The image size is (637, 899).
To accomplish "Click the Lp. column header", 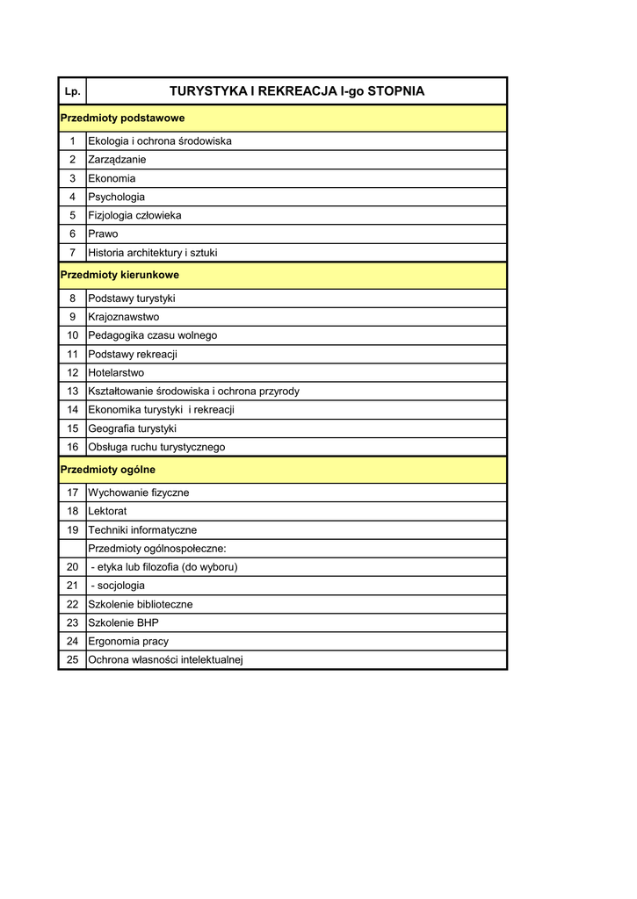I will pos(72,91).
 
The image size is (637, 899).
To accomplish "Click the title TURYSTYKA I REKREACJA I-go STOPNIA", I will pos(296,91).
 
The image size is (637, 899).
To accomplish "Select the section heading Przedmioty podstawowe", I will pos(122,118).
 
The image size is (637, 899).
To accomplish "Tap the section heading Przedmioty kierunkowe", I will pos(119,275).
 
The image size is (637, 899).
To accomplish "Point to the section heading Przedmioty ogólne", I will pos(107,470).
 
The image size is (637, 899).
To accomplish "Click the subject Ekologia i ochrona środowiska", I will pos(160,141).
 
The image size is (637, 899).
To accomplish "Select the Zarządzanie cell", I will pos(117,160).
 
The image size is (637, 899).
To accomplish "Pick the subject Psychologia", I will pos(117,197).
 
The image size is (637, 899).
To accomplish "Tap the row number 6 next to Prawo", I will pos(72,234).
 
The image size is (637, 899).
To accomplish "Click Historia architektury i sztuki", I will pos(153,253).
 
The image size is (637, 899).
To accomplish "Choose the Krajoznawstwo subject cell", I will pos(124,317).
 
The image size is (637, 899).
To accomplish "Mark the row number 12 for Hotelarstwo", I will pos(72,372).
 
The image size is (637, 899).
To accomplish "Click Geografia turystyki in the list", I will pos(133,428).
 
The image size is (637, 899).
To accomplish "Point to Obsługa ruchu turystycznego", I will pos(156,447).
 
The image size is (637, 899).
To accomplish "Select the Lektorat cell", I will pos(107,511).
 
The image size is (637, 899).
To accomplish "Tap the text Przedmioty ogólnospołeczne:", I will pos(157,548).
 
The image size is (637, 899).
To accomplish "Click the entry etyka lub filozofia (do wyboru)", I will pos(164,566).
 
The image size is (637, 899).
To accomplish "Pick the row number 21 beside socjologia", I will pos(72,585).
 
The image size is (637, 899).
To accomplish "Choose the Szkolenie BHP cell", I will pos(124,622).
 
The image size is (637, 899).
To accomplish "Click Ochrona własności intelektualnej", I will pos(165,659).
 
